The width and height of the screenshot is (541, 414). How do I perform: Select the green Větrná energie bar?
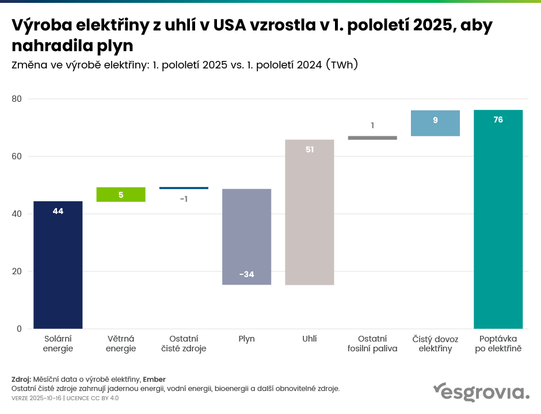(121, 194)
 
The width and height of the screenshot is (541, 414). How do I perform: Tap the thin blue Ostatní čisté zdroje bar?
(184, 188)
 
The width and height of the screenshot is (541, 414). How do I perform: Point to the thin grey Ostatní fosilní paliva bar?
(372, 138)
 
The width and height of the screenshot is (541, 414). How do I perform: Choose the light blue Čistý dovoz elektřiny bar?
(435, 123)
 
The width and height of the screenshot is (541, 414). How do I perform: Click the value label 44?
(58, 211)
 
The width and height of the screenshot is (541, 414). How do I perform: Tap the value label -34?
(246, 274)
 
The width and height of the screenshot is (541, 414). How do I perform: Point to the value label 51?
(310, 149)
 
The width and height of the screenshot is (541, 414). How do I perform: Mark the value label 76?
(498, 120)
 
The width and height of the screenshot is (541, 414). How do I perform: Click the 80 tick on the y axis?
(17, 99)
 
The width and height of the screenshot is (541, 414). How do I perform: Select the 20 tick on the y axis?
(17, 271)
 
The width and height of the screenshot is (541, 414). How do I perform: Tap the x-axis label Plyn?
(246, 339)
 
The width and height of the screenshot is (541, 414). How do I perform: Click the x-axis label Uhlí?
(310, 339)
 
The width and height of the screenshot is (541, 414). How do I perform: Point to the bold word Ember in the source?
(154, 379)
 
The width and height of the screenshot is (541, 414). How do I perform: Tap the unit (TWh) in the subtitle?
(342, 65)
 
